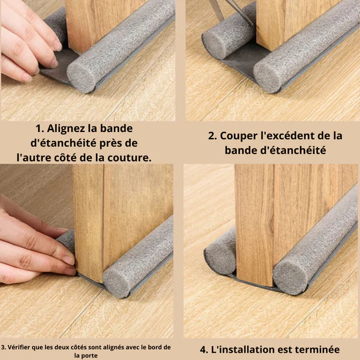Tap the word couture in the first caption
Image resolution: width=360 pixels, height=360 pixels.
coord(128,157)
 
